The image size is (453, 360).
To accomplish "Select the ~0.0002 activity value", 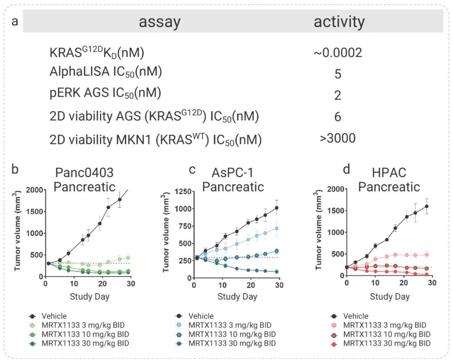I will point(337,53).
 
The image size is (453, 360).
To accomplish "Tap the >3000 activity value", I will point(338,138).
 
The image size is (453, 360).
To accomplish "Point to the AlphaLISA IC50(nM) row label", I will point(105,73).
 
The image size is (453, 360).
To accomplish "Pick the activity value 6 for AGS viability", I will point(338,117).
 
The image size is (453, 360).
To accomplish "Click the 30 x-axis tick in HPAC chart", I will point(432,283).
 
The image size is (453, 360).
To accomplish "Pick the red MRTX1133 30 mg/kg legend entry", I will point(386,344).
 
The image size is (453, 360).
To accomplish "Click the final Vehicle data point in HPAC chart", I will point(426,206).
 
